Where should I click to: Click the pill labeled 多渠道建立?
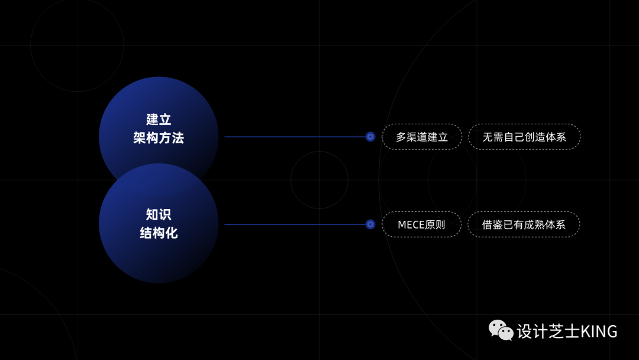click(422, 137)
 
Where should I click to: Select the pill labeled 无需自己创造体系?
click(524, 137)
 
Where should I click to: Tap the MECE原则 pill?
click(421, 224)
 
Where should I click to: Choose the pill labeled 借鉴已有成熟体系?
click(524, 224)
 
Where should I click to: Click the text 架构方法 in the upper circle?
click(159, 138)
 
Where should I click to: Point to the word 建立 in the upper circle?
click(159, 119)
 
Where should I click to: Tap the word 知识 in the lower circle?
click(159, 214)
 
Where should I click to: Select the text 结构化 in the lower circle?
click(159, 233)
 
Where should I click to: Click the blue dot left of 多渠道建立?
click(370, 137)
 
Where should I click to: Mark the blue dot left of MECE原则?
click(370, 224)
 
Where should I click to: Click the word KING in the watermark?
click(599, 331)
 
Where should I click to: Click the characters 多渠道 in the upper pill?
click(412, 137)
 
